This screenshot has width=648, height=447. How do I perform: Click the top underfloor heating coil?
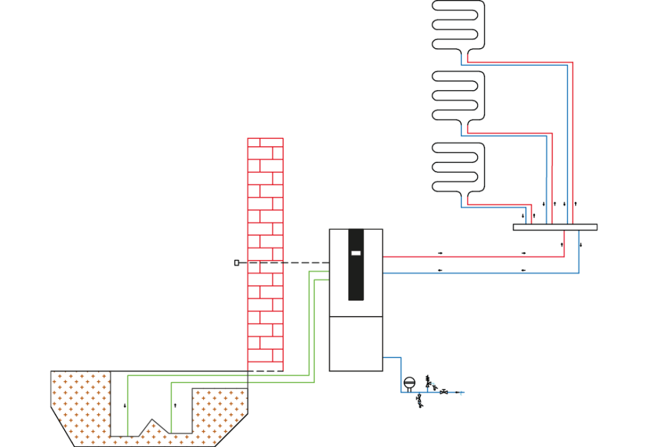(458, 25)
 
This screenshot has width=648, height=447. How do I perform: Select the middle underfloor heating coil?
(458, 96)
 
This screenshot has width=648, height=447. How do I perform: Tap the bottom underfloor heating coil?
(458, 167)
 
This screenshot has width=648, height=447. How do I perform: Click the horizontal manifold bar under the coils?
(554, 227)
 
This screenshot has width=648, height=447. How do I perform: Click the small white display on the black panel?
(356, 253)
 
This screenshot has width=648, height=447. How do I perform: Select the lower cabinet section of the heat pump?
(356, 343)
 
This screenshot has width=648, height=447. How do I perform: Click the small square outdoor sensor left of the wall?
(236, 263)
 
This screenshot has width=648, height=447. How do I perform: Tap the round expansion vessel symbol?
(410, 383)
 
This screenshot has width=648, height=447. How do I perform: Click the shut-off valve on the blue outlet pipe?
(444, 392)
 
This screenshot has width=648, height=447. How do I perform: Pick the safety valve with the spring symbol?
(428, 382)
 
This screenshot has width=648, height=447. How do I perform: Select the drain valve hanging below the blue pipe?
(420, 400)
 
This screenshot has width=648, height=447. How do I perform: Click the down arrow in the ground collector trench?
(125, 406)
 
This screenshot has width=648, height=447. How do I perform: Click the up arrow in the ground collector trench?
(175, 405)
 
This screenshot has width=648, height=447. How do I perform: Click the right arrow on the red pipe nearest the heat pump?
(440, 253)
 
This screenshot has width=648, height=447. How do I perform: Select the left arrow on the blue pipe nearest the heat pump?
(440, 270)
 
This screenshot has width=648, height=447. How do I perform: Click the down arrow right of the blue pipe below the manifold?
(581, 245)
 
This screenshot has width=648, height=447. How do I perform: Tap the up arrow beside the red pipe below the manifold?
(562, 245)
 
